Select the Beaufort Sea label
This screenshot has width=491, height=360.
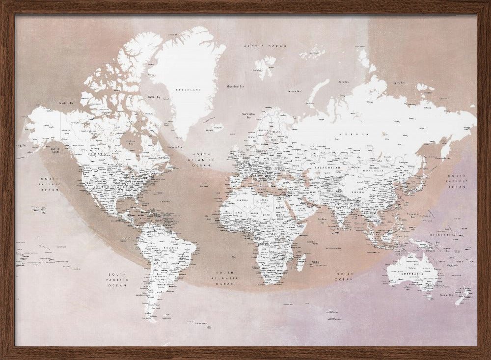[x=66, y=103]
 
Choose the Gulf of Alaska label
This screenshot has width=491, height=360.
[x=55, y=150]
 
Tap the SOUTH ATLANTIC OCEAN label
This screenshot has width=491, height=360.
[x=226, y=277]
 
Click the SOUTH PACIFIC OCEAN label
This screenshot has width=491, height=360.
[x=118, y=279]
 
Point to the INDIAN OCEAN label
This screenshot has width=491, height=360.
[x=344, y=276]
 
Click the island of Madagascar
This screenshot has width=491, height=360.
[x=301, y=262]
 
